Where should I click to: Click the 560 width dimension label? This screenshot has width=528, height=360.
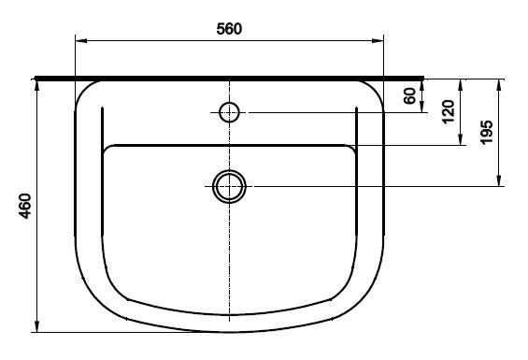(x=229, y=29)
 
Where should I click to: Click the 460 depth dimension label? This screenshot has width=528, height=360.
(x=25, y=206)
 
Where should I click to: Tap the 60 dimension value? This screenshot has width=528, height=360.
(x=409, y=96)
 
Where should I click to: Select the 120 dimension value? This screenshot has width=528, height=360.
(x=449, y=111)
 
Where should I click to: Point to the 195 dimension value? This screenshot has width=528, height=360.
(x=486, y=132)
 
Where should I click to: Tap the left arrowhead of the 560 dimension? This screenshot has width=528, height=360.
(x=81, y=41)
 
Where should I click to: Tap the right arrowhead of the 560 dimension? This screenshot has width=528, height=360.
(x=378, y=41)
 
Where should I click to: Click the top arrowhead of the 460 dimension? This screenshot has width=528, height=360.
(x=37, y=86)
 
